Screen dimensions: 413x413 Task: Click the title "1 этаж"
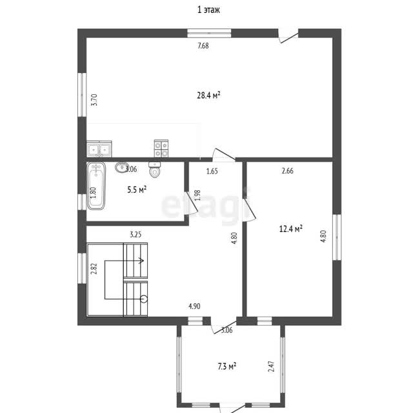click(208, 10)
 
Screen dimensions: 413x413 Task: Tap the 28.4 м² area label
click(208, 95)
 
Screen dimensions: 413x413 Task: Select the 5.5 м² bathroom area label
click(137, 189)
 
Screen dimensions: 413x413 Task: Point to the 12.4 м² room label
click(290, 228)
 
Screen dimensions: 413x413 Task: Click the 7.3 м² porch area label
click(227, 366)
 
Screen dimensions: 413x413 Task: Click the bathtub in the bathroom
click(96, 186)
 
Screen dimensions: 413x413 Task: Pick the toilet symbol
click(155, 169)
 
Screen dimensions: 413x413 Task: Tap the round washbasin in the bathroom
click(121, 167)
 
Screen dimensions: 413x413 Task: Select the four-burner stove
click(161, 149)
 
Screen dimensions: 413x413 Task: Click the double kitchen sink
click(99, 149)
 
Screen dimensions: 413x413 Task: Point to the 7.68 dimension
click(203, 46)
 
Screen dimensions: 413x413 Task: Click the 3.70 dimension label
click(94, 100)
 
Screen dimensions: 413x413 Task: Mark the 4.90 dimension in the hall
click(194, 307)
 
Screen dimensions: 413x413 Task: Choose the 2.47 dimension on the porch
click(271, 367)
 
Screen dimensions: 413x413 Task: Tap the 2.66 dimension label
click(287, 171)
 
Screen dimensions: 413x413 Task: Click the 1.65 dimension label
click(212, 172)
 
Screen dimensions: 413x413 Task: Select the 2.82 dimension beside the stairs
click(94, 268)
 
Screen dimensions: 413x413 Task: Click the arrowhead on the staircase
click(142, 261)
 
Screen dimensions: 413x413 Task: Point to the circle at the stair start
click(144, 299)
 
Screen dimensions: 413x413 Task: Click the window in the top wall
click(209, 33)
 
